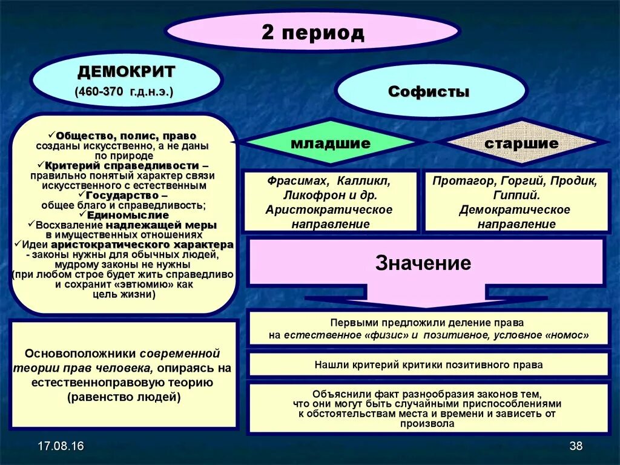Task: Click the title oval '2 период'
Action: point(312,32)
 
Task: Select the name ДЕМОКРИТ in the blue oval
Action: point(126,72)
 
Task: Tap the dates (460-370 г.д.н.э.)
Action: point(124,93)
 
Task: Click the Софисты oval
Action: point(429,92)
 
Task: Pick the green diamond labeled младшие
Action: point(330,143)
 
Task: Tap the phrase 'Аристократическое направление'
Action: point(329,217)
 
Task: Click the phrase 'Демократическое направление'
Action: point(516,217)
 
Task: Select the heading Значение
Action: point(423,263)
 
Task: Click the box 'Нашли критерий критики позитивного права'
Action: point(428,364)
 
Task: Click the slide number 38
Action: point(576,447)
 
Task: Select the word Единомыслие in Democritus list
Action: point(128,215)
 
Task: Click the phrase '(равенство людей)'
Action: point(124,397)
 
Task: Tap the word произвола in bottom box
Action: point(427,423)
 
